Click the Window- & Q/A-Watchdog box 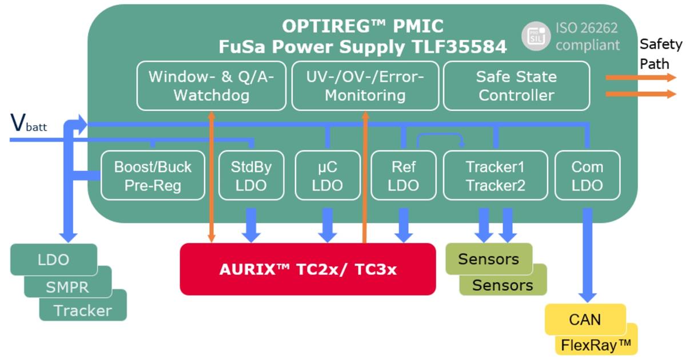tap(211, 86)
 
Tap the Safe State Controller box tap(516, 86)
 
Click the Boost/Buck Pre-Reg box tap(152, 176)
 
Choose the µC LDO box tap(328, 176)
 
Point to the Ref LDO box tap(404, 176)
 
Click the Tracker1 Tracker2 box tap(495, 176)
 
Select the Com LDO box tap(587, 176)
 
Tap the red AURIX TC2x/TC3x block tap(308, 269)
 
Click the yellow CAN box tap(585, 319)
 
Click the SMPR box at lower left tap(67, 286)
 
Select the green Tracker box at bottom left tap(82, 310)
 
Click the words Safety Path tap(660, 53)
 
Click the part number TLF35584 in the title tap(458, 47)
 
